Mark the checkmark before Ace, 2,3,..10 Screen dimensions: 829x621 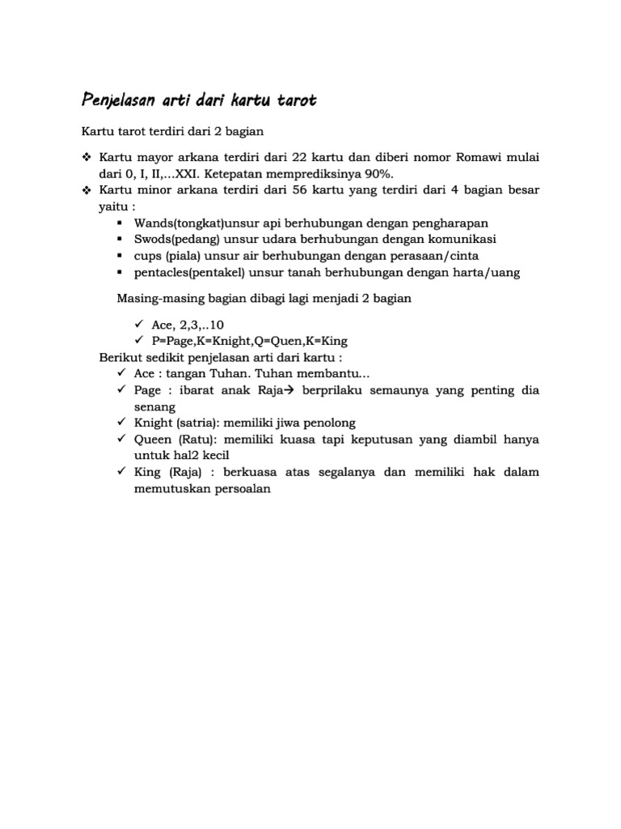pos(138,325)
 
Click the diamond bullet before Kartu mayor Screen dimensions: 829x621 pos(87,157)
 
